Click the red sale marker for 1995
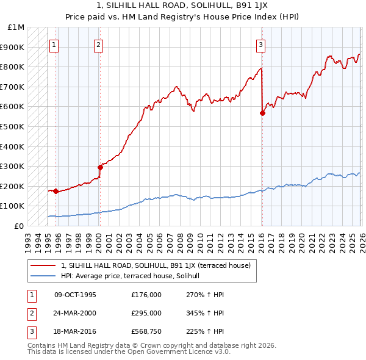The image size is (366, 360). click(56, 191)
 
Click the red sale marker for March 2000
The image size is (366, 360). click(100, 167)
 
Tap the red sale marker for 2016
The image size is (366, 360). click(262, 113)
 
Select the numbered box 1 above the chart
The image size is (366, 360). click(54, 44)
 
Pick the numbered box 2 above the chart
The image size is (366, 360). click(99, 44)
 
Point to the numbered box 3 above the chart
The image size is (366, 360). click(260, 44)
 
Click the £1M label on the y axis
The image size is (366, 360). click(16, 27)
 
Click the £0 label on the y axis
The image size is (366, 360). click(20, 226)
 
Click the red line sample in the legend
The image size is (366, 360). click(44, 265)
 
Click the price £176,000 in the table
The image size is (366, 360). click(146, 295)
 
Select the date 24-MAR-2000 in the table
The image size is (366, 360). click(75, 313)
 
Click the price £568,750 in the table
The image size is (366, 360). click(146, 331)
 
